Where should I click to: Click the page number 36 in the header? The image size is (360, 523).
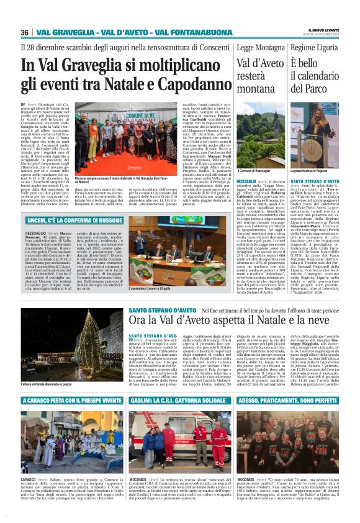click(x=25, y=32)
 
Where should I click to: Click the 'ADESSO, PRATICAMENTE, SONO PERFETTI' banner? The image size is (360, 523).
click(x=287, y=401)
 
